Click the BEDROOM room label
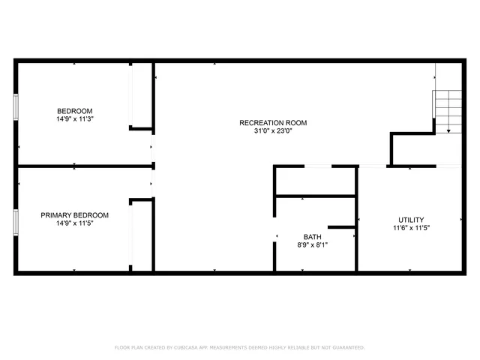(73, 111)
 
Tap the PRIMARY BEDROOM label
(73, 214)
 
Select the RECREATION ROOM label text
(273, 123)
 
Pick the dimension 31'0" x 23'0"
(273, 131)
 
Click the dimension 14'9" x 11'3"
(73, 119)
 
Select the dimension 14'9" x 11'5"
(73, 223)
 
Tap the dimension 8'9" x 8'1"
(313, 244)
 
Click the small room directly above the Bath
(315, 181)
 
